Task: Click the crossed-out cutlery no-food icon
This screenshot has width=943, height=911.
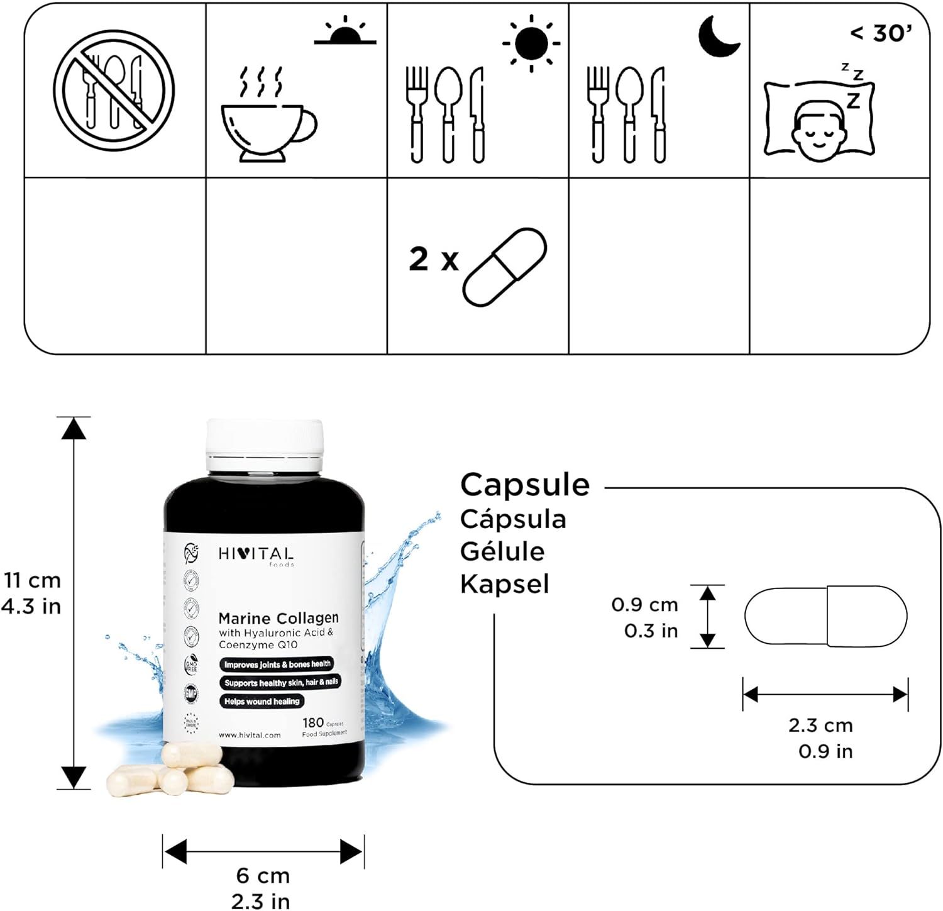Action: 113,91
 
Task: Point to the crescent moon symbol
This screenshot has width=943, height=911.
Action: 719,36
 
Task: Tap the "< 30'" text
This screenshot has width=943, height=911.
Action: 881,33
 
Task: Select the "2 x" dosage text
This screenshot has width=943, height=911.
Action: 434,259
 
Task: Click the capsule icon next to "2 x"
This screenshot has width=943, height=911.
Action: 504,267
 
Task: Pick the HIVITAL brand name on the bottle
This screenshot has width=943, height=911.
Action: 256,554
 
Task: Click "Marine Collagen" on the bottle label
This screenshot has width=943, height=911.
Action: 278,618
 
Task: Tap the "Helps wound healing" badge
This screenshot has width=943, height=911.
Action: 262,701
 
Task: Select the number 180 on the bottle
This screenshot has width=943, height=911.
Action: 312,722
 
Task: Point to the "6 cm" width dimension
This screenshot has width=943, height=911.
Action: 262,875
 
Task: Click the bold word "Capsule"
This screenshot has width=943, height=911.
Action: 525,485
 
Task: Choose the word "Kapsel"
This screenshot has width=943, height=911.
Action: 504,584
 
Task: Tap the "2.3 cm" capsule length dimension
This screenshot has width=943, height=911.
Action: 820,725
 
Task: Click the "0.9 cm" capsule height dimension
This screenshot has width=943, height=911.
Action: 644,605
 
